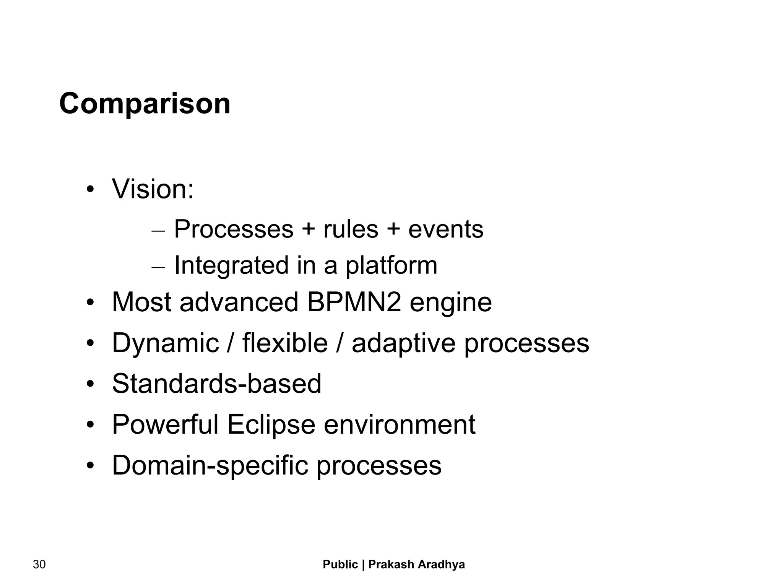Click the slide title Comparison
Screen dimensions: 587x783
[x=145, y=104]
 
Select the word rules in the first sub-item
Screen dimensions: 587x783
[x=351, y=229]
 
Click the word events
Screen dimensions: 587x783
[x=446, y=229]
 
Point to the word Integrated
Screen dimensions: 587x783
[x=231, y=266]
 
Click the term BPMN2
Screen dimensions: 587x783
[x=354, y=302]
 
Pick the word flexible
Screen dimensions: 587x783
[x=285, y=343]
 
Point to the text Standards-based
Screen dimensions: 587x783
[x=216, y=384]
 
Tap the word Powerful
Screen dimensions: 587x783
[x=165, y=424]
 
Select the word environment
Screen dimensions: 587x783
[x=400, y=424]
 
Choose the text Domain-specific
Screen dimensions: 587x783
[x=210, y=466]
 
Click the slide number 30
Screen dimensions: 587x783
[x=39, y=564]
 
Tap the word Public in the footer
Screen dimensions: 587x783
[x=340, y=564]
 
